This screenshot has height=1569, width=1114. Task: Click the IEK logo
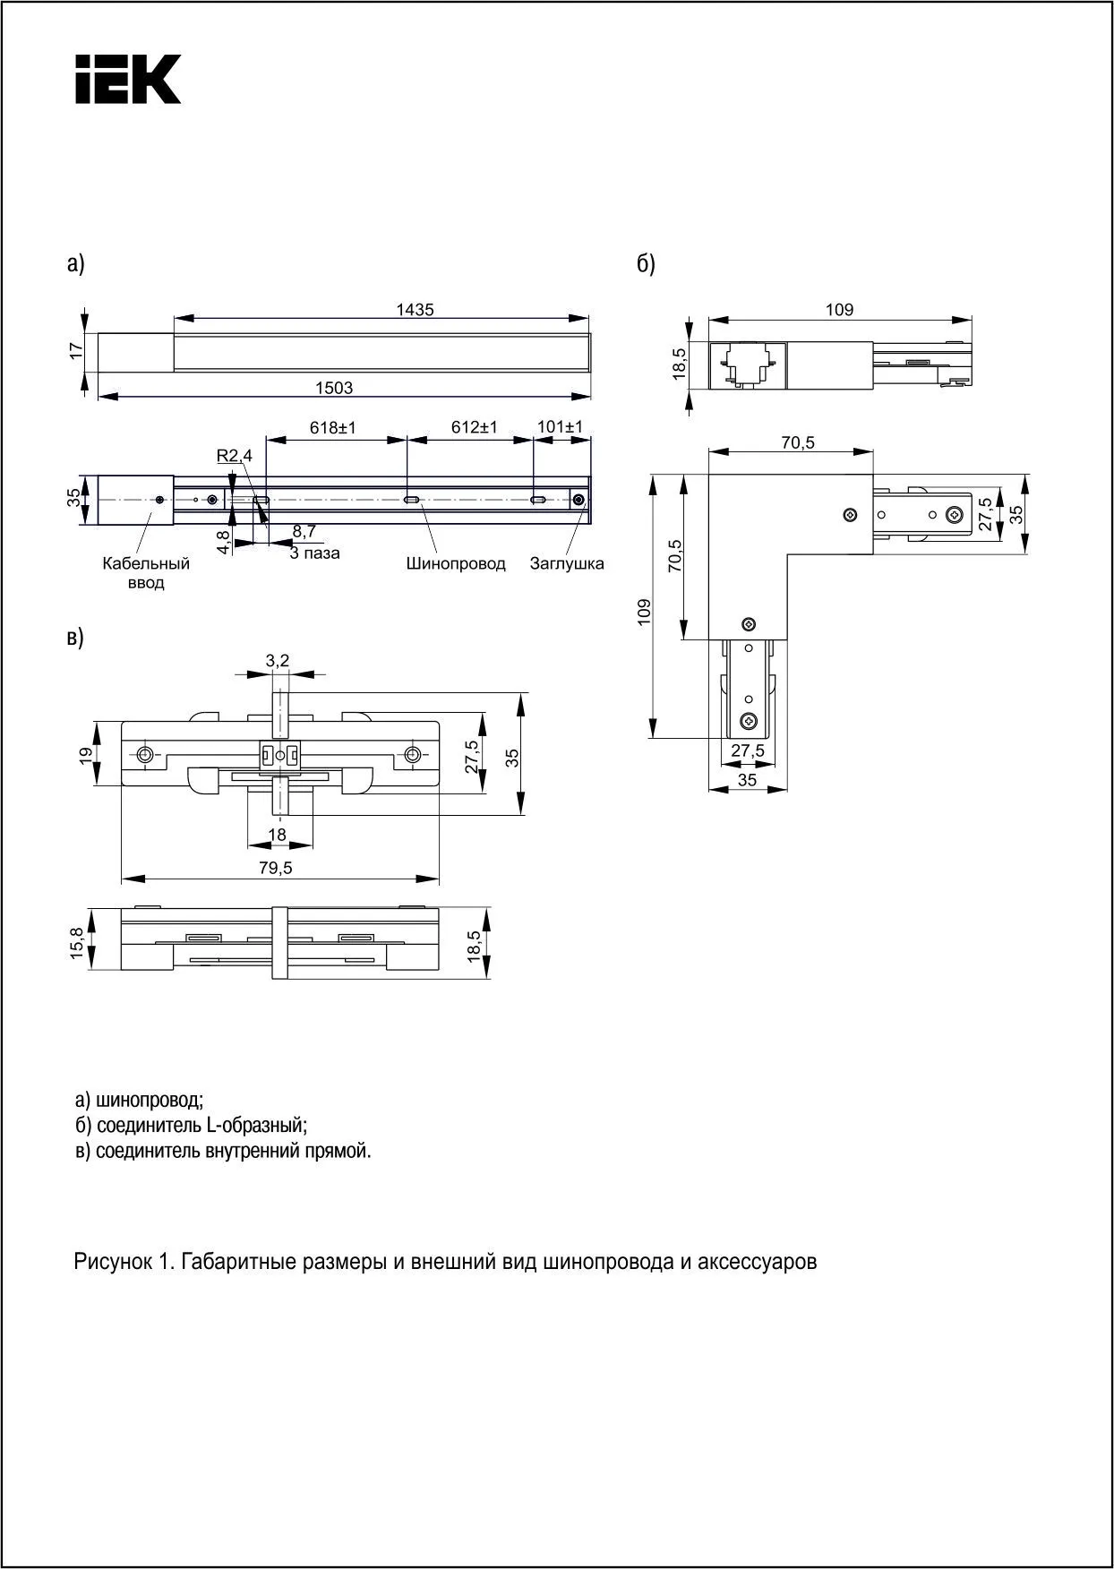(128, 79)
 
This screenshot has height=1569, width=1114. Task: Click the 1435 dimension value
(415, 310)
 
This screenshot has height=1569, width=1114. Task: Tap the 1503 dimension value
(334, 388)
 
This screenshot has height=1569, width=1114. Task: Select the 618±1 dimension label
(333, 428)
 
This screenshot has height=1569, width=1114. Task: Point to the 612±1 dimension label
(475, 428)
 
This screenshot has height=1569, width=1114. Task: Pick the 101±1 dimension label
(560, 427)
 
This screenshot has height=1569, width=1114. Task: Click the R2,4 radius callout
(235, 456)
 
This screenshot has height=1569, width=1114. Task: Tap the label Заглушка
(567, 563)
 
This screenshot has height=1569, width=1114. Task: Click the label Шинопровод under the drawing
(455, 563)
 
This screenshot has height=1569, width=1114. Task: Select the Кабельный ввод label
(146, 573)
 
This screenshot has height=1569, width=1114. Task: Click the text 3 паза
(314, 553)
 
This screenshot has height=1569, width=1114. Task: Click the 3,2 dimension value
(278, 661)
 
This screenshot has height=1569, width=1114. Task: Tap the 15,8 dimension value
(78, 944)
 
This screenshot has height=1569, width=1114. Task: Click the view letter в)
(75, 638)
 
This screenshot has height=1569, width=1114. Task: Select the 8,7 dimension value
(304, 532)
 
